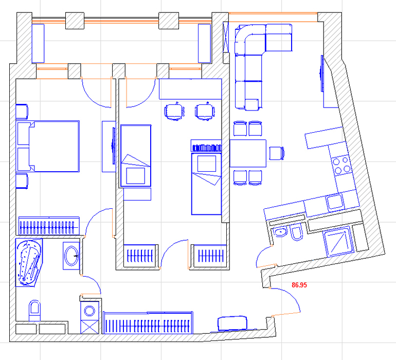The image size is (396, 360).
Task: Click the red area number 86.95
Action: tap(299, 285)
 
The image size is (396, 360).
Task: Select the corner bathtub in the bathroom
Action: tap(28, 262)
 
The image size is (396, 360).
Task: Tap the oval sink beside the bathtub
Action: tap(71, 256)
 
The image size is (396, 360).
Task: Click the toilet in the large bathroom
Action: tap(34, 311)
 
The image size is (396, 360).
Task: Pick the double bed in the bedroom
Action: tap(48, 147)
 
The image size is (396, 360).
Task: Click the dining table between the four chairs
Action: tap(248, 153)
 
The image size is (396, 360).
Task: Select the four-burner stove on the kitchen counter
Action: tap(341, 166)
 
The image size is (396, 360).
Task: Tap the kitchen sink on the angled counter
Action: tap(335, 202)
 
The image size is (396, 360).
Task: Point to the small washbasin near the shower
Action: tap(281, 231)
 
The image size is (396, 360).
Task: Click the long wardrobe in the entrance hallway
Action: tap(148, 323)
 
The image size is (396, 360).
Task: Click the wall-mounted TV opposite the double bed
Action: tap(113, 146)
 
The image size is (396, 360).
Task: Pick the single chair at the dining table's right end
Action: tap(277, 153)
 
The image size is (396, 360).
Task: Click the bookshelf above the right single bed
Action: tap(206, 146)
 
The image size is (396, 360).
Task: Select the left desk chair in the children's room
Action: tap(174, 112)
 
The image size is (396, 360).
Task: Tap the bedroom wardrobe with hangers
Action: tap(49, 226)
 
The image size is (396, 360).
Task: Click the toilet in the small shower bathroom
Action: tap(297, 233)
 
